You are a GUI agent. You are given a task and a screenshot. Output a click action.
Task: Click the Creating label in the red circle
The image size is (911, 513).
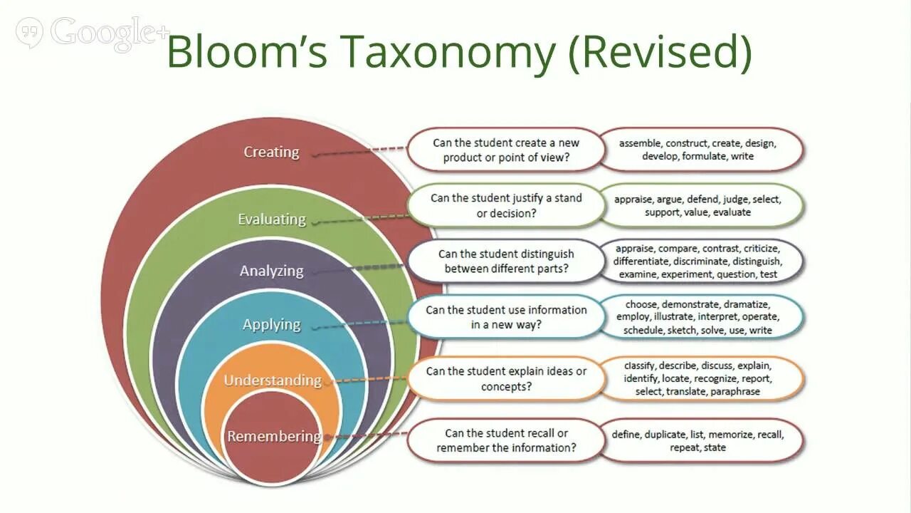(x=271, y=152)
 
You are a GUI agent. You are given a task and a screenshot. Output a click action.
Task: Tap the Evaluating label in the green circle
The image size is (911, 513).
(x=271, y=219)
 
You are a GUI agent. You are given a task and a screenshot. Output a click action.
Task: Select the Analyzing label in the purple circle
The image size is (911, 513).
(x=271, y=271)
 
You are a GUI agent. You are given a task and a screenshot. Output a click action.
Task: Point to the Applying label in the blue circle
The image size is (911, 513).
(x=271, y=324)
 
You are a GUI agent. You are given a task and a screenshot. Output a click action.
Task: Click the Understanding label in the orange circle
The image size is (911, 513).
(x=272, y=380)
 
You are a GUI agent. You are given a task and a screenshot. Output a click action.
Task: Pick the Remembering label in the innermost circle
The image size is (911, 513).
(x=274, y=436)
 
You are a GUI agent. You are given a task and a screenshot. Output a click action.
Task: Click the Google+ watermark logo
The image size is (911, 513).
(x=93, y=33)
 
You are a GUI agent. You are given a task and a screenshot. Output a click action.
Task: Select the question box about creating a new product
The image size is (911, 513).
(x=505, y=150)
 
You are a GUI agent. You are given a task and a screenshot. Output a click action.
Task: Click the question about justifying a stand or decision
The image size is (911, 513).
(x=505, y=205)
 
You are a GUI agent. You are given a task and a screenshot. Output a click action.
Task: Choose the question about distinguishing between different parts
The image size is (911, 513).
(x=505, y=261)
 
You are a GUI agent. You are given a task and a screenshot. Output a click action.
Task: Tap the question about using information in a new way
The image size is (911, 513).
(x=505, y=317)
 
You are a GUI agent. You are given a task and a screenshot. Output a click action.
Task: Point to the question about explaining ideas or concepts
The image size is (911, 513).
(x=505, y=379)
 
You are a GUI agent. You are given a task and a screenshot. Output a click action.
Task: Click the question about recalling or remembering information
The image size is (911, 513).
(x=505, y=440)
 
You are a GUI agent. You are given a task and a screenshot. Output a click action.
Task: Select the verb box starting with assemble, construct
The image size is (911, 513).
(x=701, y=150)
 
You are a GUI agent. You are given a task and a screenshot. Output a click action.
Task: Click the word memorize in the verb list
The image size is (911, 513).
(x=731, y=434)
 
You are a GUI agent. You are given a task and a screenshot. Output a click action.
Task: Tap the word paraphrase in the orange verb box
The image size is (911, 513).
(x=735, y=391)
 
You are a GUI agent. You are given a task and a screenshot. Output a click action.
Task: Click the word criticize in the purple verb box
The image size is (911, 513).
(x=762, y=249)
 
